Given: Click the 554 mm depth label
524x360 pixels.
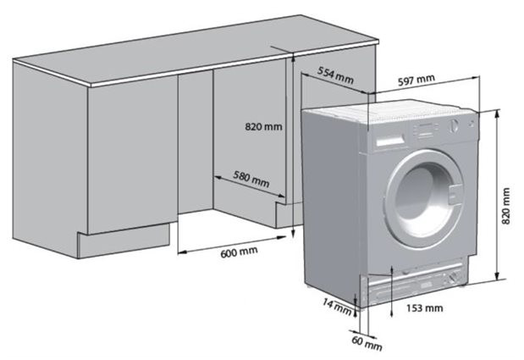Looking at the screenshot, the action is click(x=335, y=75).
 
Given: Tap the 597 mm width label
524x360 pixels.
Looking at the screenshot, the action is click(x=416, y=80).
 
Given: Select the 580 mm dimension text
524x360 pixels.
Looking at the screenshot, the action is click(x=251, y=180).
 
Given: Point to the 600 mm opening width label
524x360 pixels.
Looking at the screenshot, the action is click(x=239, y=252).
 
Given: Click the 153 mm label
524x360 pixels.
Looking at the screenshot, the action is click(x=425, y=307).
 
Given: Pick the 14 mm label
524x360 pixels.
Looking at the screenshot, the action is click(x=337, y=307).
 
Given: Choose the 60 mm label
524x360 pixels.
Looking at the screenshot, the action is click(x=367, y=343).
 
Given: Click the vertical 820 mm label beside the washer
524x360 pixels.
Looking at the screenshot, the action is click(x=506, y=206).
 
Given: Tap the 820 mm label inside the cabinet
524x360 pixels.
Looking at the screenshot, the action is click(x=263, y=127).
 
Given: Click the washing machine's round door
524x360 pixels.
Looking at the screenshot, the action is click(x=424, y=199).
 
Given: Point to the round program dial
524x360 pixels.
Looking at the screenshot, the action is click(x=453, y=125).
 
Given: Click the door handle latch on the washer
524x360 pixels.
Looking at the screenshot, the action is click(x=455, y=195).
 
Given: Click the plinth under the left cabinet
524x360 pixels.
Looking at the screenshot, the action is click(x=124, y=241).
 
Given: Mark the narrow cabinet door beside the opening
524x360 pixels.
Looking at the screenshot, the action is click(x=196, y=142).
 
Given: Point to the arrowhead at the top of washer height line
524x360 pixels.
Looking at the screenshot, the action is click(x=497, y=114).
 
